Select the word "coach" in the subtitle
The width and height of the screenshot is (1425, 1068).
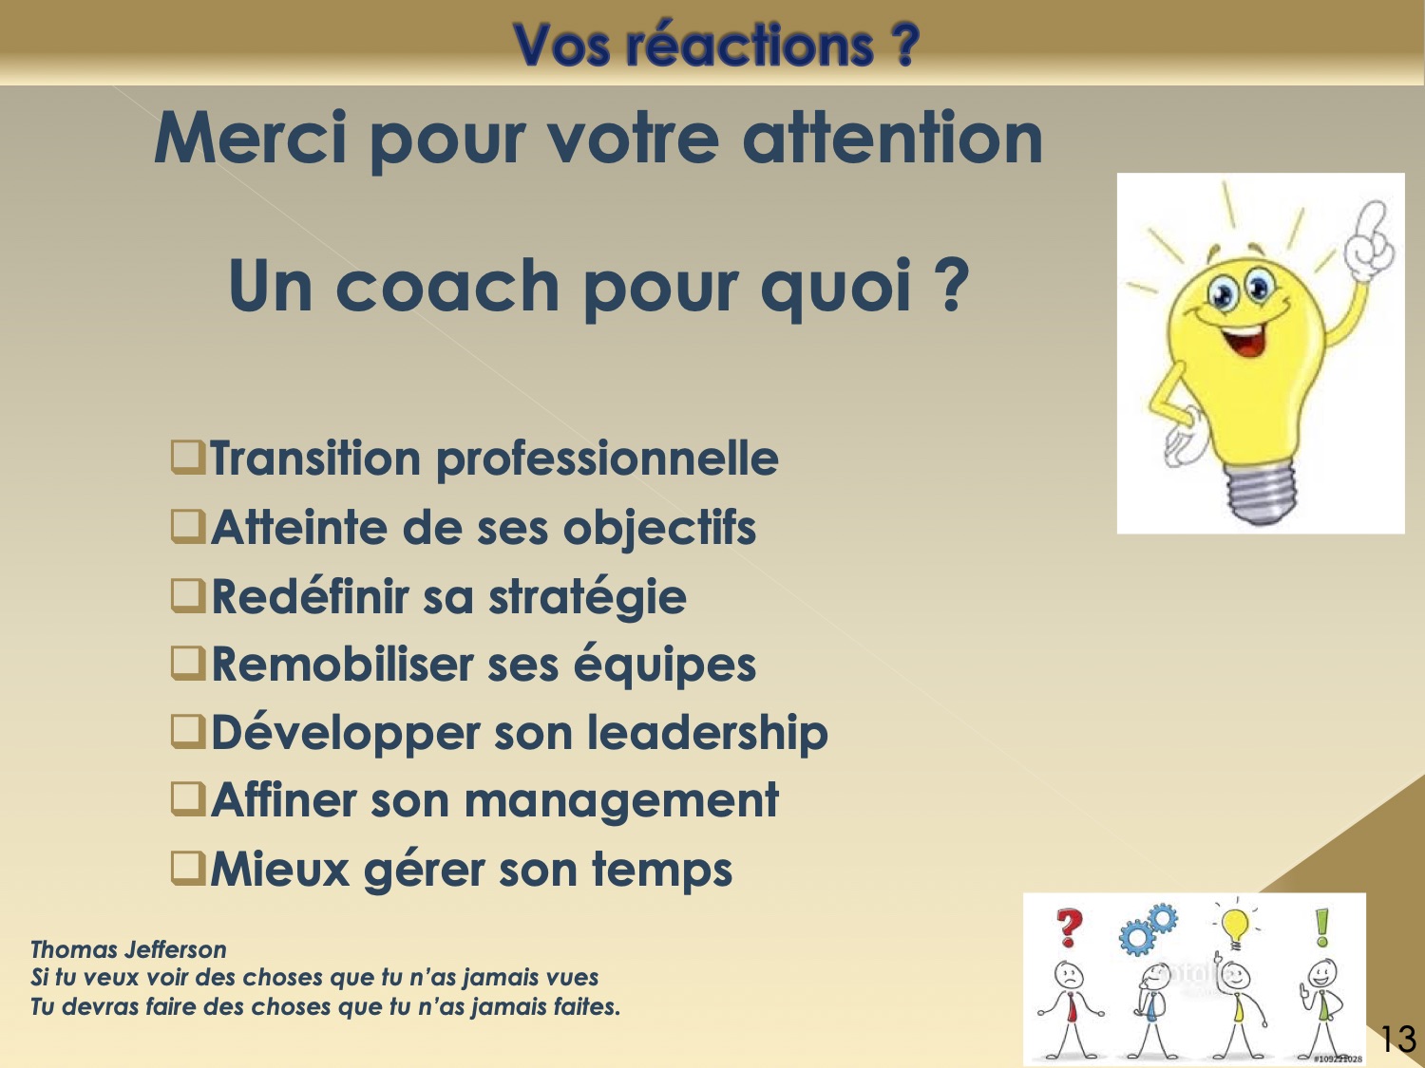point(448,286)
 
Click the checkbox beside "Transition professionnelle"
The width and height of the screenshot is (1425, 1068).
point(188,458)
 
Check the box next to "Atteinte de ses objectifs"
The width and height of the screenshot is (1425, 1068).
point(188,526)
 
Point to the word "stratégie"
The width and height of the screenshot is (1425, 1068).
point(587,596)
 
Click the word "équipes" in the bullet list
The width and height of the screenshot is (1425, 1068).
point(665,665)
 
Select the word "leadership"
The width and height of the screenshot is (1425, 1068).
point(708,733)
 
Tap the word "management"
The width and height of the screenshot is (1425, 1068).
point(621,801)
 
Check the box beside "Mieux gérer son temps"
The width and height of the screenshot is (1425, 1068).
point(188,869)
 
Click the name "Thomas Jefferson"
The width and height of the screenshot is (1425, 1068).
point(128,949)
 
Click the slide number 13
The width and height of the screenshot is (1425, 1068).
point(1397,1040)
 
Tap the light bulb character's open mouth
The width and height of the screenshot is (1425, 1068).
point(1244,339)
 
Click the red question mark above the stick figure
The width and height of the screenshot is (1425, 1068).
point(1070,927)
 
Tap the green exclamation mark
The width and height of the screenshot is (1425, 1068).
point(1321,927)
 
